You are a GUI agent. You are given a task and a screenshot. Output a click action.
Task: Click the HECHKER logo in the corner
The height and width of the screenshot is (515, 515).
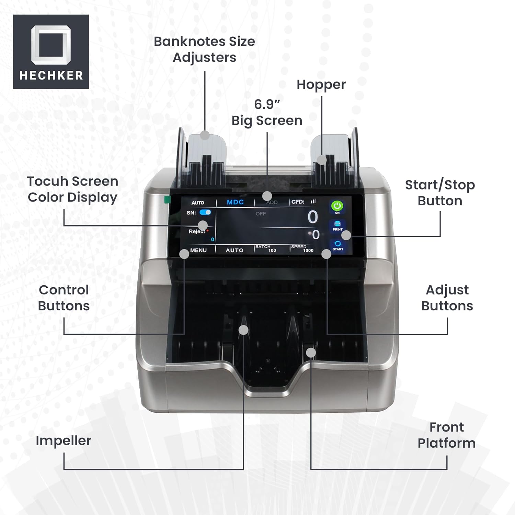[x=51, y=51]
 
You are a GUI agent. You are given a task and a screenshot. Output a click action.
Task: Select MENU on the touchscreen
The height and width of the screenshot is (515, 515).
[x=198, y=250]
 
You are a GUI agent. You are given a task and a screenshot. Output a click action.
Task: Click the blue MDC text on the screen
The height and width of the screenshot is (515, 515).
[x=235, y=202]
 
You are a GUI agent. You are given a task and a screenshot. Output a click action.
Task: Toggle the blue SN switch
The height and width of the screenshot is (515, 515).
[x=205, y=212]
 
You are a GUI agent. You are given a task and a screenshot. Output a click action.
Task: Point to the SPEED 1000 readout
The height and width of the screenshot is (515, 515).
[x=302, y=249]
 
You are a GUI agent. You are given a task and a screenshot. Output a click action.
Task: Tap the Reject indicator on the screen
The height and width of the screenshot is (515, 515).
[x=197, y=231]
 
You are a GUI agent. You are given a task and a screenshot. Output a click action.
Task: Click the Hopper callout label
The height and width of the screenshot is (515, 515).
[x=321, y=84]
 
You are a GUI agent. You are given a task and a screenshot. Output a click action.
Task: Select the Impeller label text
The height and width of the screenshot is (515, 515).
[x=64, y=440]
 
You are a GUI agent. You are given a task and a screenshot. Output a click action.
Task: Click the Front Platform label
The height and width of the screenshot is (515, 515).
[x=446, y=435]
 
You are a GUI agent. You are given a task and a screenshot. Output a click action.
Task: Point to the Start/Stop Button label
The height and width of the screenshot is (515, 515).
[x=440, y=193]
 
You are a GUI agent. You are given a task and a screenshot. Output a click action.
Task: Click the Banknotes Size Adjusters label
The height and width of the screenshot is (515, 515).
[x=204, y=49]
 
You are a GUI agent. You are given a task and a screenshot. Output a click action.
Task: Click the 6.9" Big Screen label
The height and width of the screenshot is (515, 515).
[x=267, y=112]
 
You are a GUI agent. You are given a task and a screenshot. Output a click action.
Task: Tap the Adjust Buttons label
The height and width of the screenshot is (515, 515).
[x=447, y=298]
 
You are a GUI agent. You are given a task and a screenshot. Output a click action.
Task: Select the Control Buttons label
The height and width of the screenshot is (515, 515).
[x=64, y=298]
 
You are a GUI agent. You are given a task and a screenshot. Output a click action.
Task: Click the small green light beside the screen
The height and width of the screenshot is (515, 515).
[x=167, y=199]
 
